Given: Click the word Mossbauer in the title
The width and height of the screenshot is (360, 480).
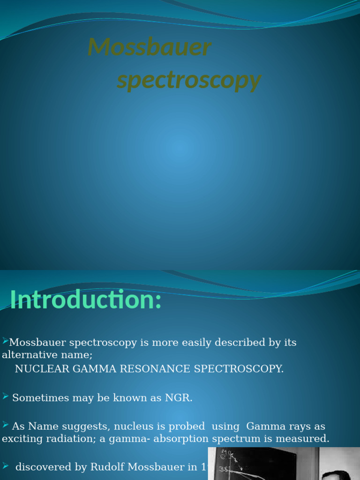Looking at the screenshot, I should [x=150, y=47].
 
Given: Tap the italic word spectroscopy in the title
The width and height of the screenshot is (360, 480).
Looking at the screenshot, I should [x=188, y=80].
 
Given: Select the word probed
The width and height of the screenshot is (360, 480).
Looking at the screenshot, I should [x=186, y=427].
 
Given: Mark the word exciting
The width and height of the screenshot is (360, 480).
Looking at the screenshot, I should [x=21, y=439].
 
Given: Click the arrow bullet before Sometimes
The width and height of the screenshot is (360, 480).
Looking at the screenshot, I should [x=5, y=397].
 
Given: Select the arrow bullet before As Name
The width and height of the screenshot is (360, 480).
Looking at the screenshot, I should [x=5, y=425].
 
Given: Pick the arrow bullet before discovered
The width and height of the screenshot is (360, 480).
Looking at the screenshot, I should [x=5, y=465].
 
